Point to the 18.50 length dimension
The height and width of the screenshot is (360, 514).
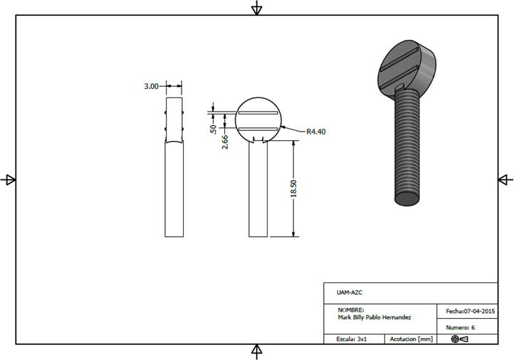pos(293,189)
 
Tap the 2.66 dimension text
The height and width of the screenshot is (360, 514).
pos(225,140)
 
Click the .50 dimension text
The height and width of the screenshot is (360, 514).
pos(213,129)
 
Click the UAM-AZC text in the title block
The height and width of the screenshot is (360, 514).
pos(348,292)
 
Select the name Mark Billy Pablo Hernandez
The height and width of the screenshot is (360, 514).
pos(374,317)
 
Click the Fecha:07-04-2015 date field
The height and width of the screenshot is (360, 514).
pos(470,312)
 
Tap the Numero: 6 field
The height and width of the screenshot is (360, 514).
pos(461,327)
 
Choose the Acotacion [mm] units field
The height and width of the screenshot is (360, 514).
pos(411,339)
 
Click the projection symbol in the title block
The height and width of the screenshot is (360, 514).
pos(459,339)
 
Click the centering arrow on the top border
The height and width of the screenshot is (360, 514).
pos(257,8)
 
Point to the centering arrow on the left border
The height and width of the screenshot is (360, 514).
pos(9,180)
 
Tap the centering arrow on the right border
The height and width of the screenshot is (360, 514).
pos(504,179)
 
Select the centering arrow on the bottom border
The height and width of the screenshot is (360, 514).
pos(257,351)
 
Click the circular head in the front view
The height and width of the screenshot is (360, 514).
pos(258,119)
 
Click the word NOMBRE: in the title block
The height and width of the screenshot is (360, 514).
pos(351,310)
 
